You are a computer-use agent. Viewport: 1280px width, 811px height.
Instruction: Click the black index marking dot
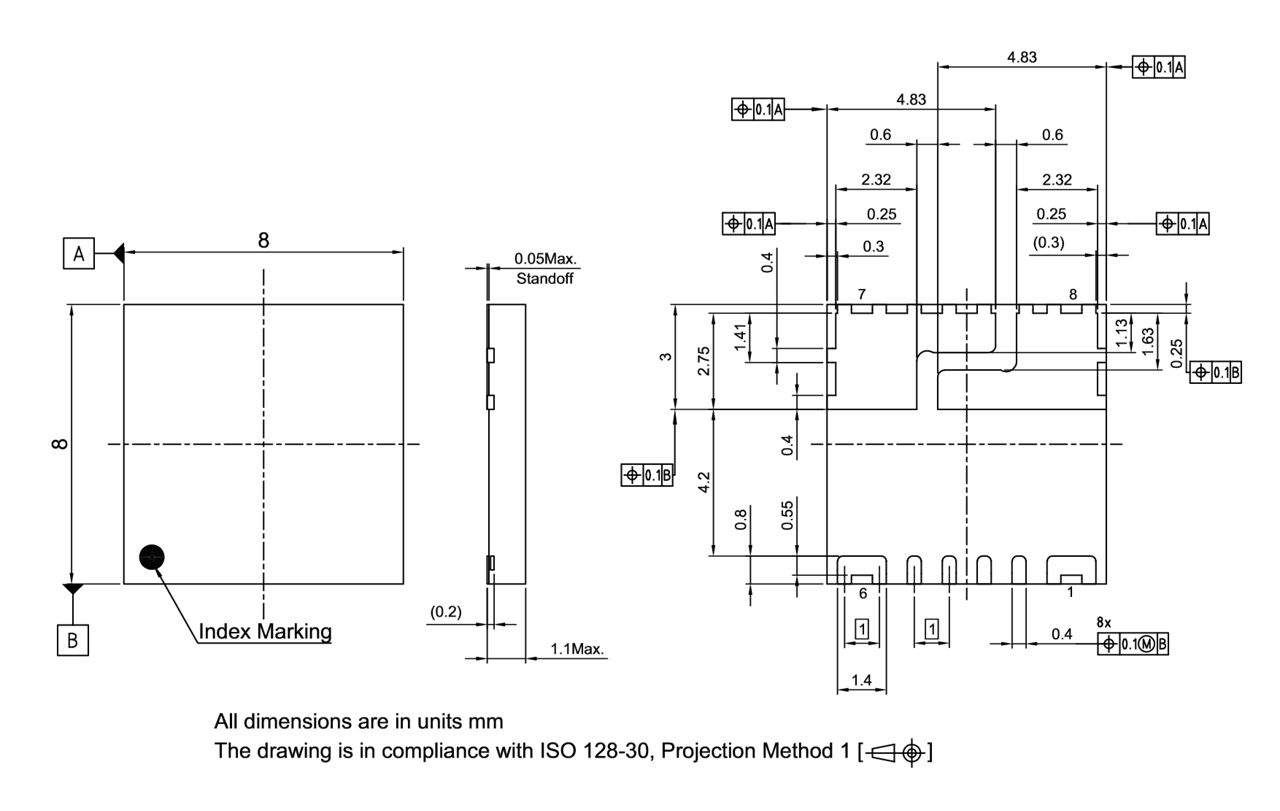click(x=152, y=556)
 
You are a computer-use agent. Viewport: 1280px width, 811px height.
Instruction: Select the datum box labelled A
click(x=78, y=254)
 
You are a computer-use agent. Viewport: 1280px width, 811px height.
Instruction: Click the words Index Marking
click(x=265, y=632)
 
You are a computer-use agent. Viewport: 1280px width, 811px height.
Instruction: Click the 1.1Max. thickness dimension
click(x=578, y=650)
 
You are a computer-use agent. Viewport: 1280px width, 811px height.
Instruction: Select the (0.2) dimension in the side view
click(x=444, y=610)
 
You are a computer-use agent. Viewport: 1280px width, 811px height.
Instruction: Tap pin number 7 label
click(x=861, y=294)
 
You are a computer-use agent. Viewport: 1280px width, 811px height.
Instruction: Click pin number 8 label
click(x=1072, y=294)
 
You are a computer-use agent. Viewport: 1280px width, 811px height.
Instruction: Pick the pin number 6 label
click(x=862, y=592)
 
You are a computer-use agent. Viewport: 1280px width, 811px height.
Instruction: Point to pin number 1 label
click(x=1070, y=592)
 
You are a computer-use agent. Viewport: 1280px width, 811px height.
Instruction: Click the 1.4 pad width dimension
click(x=861, y=680)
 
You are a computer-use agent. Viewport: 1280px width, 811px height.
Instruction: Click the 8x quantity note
click(x=1103, y=622)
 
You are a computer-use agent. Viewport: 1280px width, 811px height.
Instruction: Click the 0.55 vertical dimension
click(x=789, y=514)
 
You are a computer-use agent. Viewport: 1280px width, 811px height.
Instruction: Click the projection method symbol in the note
click(x=896, y=751)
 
